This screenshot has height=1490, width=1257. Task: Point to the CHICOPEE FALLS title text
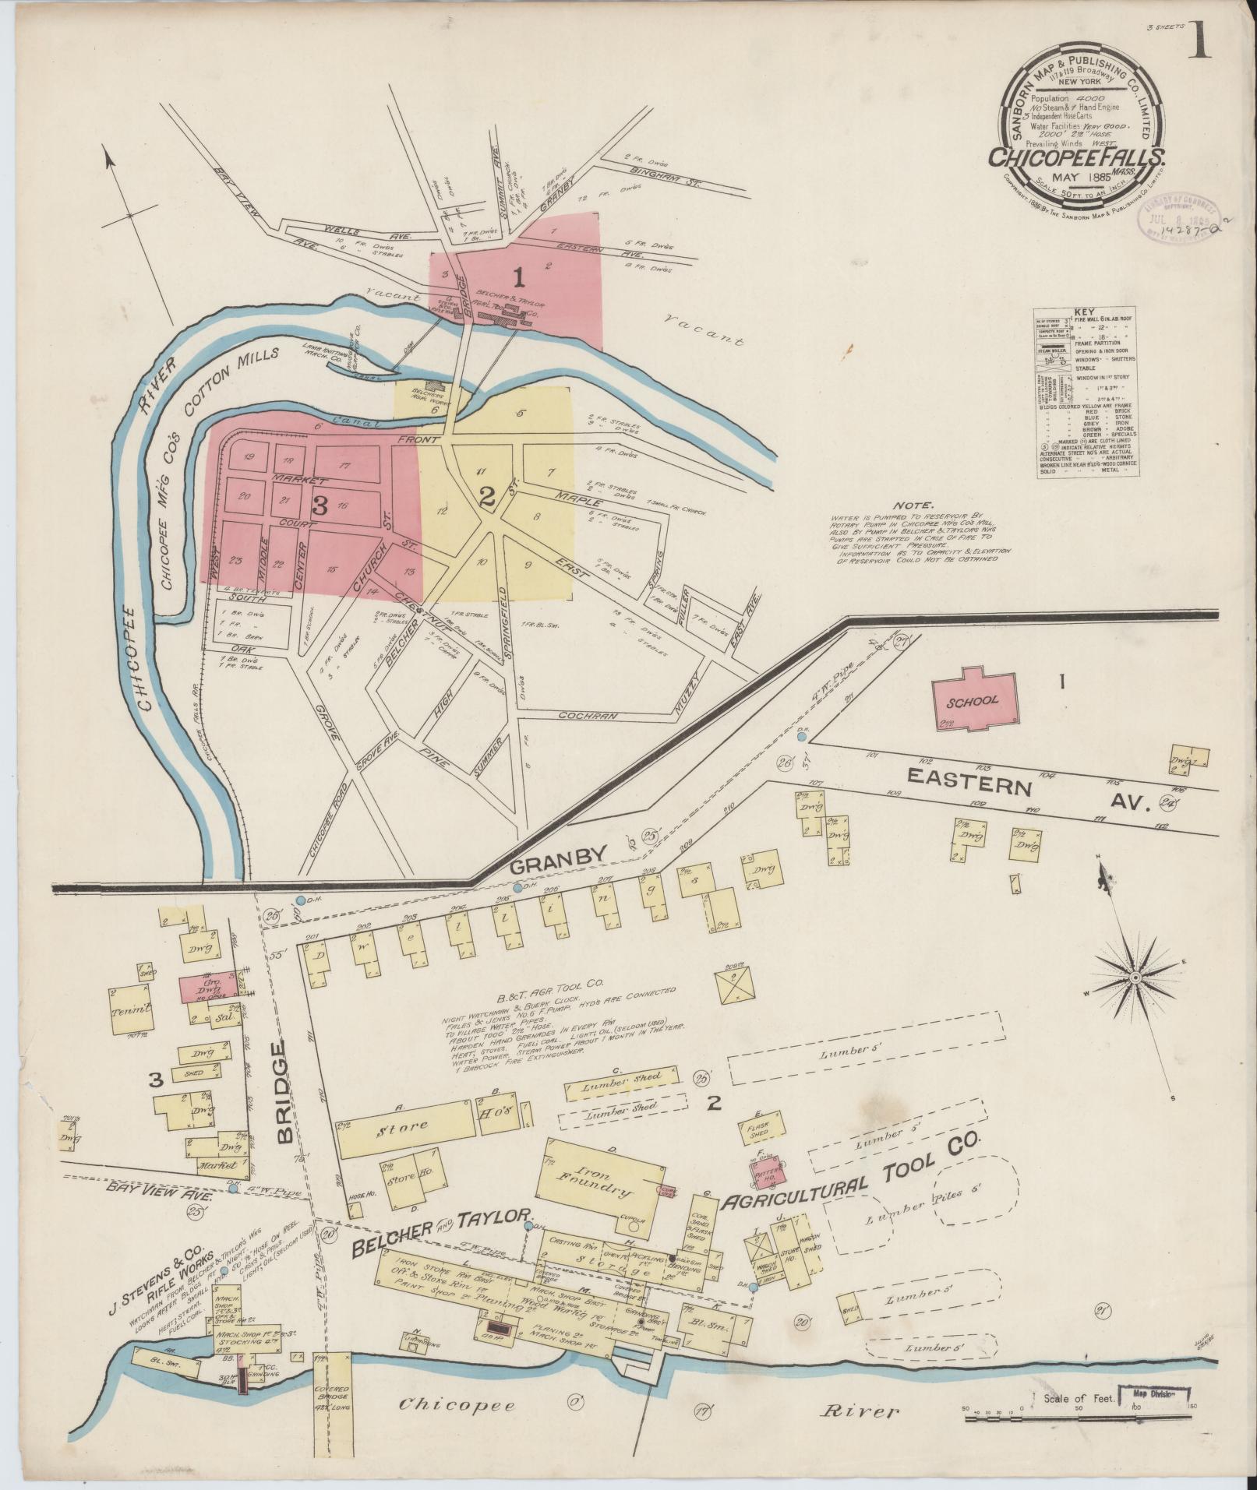tap(1078, 157)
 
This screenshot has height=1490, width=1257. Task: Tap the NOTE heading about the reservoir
tap(914, 505)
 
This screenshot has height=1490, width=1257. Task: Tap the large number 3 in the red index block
tap(319, 505)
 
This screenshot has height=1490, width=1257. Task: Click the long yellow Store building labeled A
tap(405, 1125)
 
